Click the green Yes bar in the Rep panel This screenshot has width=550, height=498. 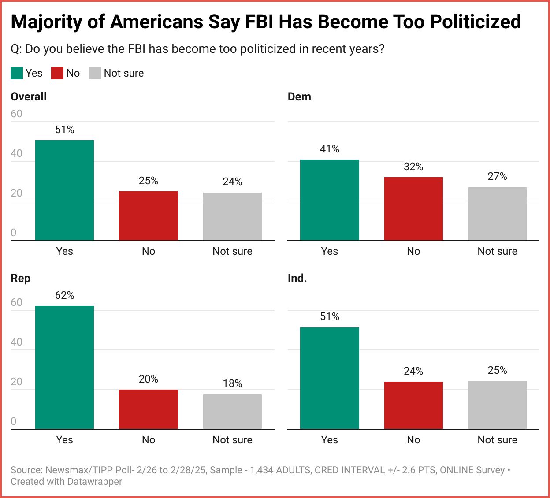[x=64, y=367]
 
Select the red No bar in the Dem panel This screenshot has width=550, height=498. [x=413, y=209]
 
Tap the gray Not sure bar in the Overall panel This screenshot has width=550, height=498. [x=232, y=216]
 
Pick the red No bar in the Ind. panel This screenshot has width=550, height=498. [x=413, y=405]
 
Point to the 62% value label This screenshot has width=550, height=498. [x=64, y=295]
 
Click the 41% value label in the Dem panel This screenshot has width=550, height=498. [x=330, y=149]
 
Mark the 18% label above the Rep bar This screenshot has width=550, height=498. [x=232, y=383]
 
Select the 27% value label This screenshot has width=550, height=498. [x=497, y=176]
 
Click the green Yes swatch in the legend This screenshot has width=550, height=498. [x=17, y=73]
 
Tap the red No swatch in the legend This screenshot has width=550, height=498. [x=57, y=73]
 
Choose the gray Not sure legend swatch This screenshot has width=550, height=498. [x=95, y=73]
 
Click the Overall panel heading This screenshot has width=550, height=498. [x=29, y=97]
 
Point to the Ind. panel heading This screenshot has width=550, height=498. [x=297, y=278]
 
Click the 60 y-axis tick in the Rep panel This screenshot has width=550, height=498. [x=17, y=302]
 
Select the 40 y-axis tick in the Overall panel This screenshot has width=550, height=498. [x=17, y=153]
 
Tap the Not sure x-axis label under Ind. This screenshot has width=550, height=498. [x=497, y=440]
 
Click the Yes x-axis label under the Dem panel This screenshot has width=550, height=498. [x=330, y=251]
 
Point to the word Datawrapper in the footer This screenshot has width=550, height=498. [x=94, y=481]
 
